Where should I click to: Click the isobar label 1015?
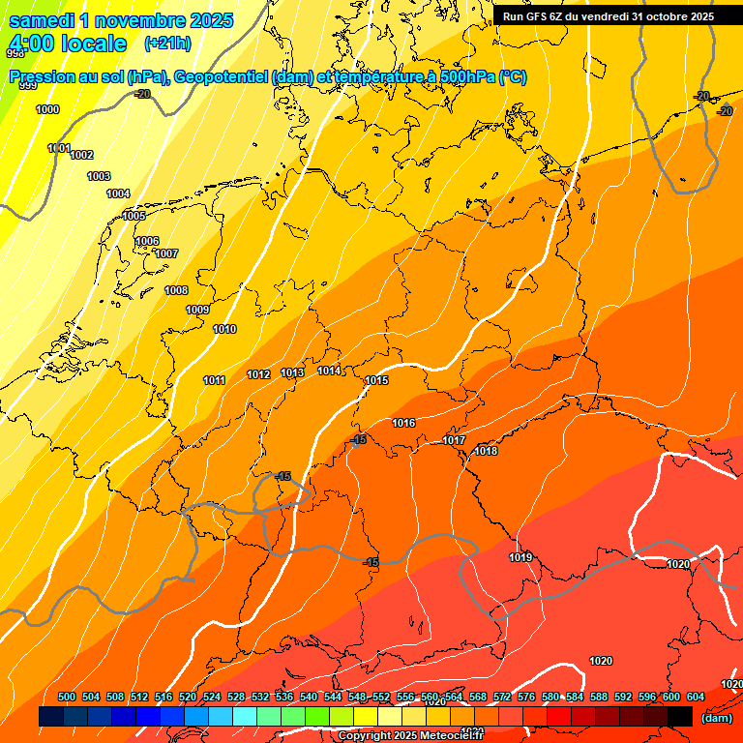pyautogui.click(x=376, y=381)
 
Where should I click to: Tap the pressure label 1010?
pyautogui.click(x=224, y=330)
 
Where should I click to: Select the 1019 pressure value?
pyautogui.click(x=520, y=557)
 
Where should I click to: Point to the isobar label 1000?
pyautogui.click(x=47, y=109)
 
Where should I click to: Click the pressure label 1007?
pyautogui.click(x=166, y=254)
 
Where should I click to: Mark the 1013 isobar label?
pyautogui.click(x=292, y=373)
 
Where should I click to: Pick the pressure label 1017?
pyautogui.click(x=454, y=441)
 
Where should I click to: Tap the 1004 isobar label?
pyautogui.click(x=118, y=194)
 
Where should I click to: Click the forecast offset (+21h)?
pyautogui.click(x=167, y=44)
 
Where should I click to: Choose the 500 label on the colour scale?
pyautogui.click(x=67, y=697)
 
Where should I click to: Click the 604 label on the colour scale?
pyautogui.click(x=695, y=697)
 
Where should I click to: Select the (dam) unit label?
pyautogui.click(x=716, y=718)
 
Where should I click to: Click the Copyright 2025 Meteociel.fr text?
pyautogui.click(x=410, y=736)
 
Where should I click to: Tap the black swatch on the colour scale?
pyautogui.click(x=680, y=717)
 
